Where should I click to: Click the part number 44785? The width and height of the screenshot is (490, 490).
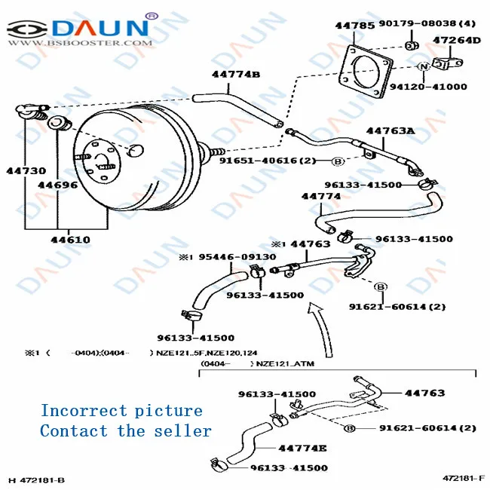[354, 25]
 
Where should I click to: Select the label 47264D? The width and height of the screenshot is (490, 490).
[456, 40]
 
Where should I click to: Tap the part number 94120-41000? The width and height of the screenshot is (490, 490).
[427, 87]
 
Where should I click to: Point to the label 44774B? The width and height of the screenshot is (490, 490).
[235, 74]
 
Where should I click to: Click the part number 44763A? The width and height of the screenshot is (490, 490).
[390, 130]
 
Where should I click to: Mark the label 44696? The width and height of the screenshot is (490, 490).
[57, 185]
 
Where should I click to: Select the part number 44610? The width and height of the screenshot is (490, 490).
[70, 240]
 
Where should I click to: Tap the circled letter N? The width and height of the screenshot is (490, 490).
[423, 67]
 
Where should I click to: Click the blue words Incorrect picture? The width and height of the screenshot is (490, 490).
[121, 411]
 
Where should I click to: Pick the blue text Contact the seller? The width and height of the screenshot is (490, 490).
[125, 431]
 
